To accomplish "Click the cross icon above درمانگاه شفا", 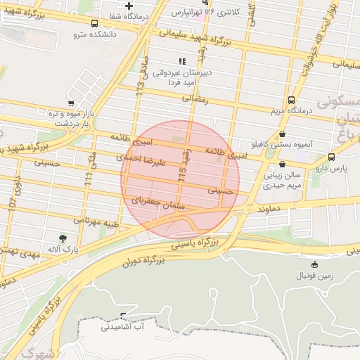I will point(129,6).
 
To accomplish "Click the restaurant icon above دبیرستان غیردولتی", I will point(182,62).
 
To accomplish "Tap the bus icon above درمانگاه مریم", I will point(291,100).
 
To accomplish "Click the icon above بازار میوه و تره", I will point(70,103).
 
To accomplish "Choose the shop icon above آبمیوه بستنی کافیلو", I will point(282,134).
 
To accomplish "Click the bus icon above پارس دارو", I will point(331,157).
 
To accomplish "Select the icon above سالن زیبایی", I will point(271,164).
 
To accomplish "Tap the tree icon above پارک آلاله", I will point(64,239).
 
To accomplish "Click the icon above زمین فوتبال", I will point(314,265).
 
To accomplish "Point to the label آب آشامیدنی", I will point(123,326).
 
